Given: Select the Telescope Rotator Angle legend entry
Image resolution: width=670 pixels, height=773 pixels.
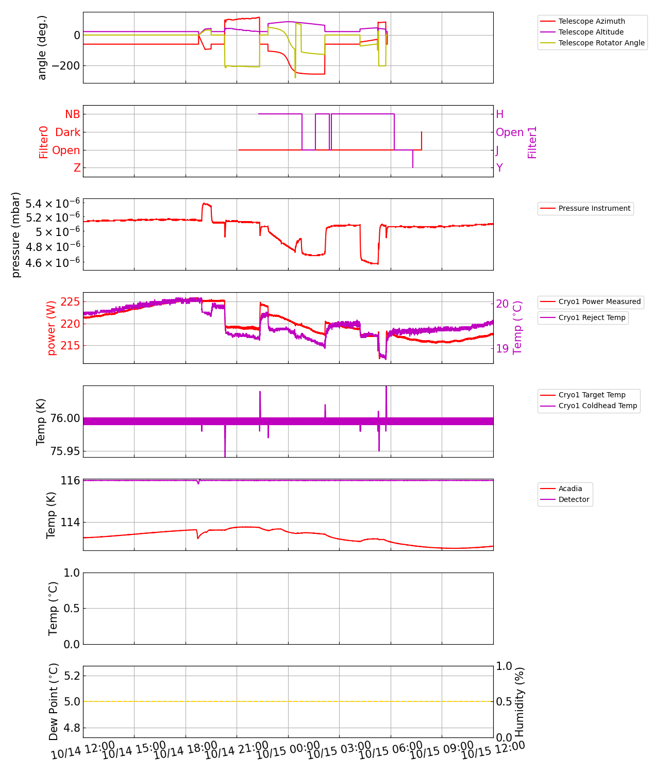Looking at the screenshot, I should click(x=601, y=43).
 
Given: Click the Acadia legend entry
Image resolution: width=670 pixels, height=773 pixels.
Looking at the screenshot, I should click(x=570, y=489).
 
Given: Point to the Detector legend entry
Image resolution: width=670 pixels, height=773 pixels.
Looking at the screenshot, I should click(x=573, y=499).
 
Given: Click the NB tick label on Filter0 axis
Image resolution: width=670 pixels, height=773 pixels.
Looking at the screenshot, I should click(x=72, y=114).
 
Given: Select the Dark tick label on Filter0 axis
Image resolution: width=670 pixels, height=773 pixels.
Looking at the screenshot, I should click(x=68, y=132).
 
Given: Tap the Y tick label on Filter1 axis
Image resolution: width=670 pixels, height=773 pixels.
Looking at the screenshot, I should click(x=499, y=168).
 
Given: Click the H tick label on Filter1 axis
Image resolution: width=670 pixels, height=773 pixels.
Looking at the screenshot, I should click(x=499, y=114).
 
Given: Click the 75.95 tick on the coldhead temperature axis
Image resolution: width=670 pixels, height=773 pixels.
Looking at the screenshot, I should click(x=64, y=451).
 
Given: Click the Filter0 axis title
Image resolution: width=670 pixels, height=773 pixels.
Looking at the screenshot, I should click(x=44, y=142).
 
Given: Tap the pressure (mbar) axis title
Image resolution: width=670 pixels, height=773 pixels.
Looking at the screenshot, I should click(x=16, y=234).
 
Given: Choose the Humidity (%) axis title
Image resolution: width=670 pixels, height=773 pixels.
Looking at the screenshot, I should click(x=520, y=702).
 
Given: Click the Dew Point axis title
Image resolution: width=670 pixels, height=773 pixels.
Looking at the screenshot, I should click(x=54, y=702).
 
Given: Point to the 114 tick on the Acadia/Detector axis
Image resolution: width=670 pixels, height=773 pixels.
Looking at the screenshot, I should click(x=70, y=523).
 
